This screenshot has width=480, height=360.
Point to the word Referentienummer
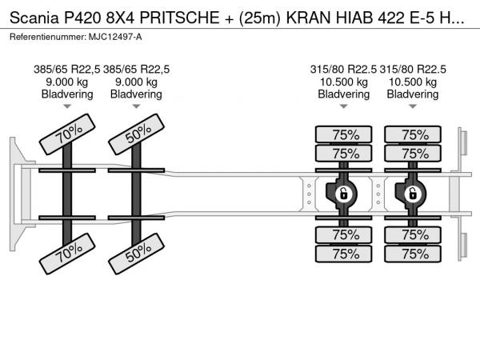coord(48,38)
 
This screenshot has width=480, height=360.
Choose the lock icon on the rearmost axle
coord(413,193)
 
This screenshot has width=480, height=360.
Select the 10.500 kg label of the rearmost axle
coord(413,82)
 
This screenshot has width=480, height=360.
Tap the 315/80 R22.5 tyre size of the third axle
coord(344,70)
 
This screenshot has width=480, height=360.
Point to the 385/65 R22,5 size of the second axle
coord(137,70)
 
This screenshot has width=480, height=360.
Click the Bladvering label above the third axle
coord(344,94)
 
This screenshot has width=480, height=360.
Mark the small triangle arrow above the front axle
coord(68,106)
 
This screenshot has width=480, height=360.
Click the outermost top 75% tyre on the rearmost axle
coord(414,134)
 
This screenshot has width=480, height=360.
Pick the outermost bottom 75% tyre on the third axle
coord(345,254)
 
